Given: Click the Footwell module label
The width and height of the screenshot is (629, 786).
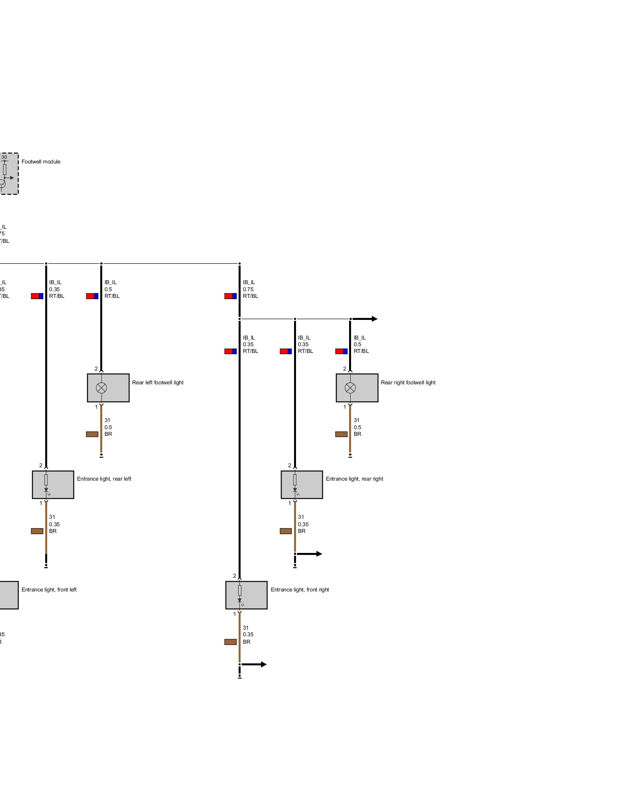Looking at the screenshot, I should (41, 162).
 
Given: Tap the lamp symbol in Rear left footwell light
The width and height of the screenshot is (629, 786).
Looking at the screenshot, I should (101, 388).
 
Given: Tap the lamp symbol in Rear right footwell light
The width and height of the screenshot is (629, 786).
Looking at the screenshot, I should (350, 388).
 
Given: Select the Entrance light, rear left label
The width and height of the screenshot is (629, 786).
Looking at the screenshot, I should (104, 479).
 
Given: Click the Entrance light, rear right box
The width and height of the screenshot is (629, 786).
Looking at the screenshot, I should (302, 485).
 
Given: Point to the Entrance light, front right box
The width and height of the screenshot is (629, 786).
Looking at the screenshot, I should (246, 595).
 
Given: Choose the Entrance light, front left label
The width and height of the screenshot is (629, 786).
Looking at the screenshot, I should (49, 589).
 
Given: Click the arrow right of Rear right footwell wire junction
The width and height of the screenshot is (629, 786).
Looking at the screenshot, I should (366, 319).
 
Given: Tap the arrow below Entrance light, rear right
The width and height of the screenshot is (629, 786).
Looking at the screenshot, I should (311, 554).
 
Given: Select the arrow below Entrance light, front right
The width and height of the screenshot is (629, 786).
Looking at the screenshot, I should (255, 665).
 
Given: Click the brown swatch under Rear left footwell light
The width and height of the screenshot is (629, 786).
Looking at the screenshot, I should (92, 434).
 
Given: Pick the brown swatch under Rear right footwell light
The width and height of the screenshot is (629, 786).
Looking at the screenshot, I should (341, 434).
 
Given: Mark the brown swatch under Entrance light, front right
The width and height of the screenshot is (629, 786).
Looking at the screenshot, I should (230, 642).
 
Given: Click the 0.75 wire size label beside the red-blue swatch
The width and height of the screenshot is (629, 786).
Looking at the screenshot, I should (248, 289).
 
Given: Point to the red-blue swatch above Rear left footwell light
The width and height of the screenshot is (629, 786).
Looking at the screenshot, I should (92, 296).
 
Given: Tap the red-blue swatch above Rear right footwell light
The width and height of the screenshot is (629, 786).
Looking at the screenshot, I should (341, 351).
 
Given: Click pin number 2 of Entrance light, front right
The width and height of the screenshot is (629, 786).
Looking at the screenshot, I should (235, 576).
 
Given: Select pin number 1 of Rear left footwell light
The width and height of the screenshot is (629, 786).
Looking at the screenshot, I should (96, 407).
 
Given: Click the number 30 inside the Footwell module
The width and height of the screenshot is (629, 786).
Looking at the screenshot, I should (4, 157).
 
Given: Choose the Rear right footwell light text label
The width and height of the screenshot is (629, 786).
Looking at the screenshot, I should (408, 382).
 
